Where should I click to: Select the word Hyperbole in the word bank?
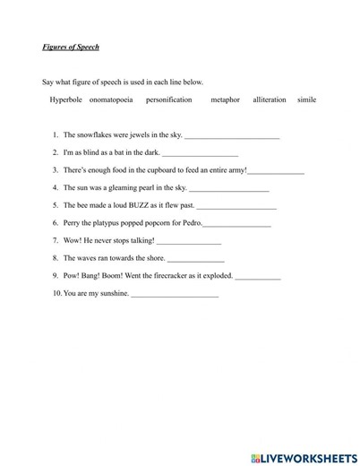[x=65, y=99]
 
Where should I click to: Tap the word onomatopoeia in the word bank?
[x=112, y=99]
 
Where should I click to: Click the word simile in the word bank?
[x=306, y=99]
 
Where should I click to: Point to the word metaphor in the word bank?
[x=225, y=99]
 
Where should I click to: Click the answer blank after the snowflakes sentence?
[x=231, y=136]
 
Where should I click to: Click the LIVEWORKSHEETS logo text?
[x=304, y=457]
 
